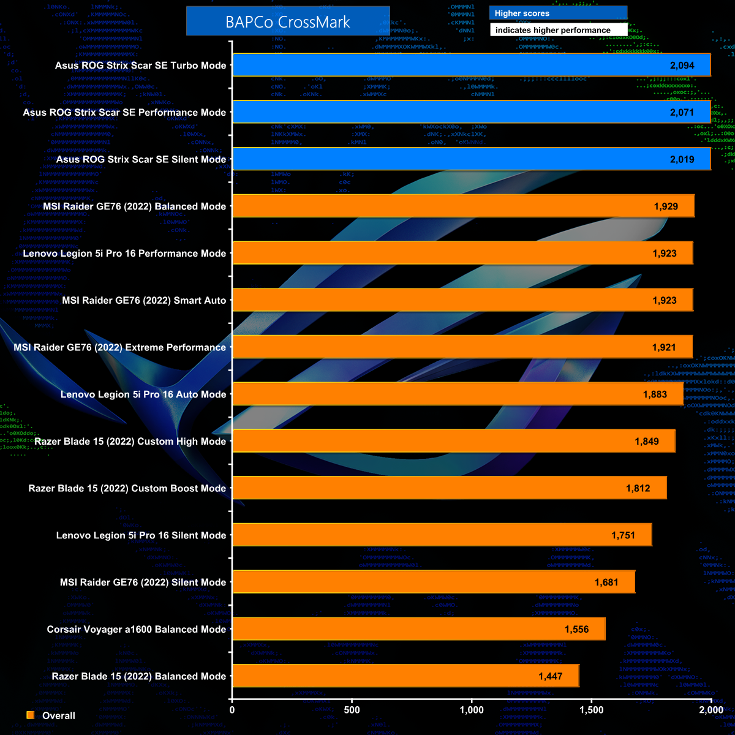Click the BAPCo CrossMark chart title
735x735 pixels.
pyautogui.click(x=288, y=22)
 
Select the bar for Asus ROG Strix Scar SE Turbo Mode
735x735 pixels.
pyautogui.click(x=471, y=65)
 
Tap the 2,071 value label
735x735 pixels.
pyautogui.click(x=682, y=112)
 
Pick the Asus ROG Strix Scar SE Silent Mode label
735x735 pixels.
pyautogui.click(x=141, y=159)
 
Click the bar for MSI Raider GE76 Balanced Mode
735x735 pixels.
pyautogui.click(x=463, y=206)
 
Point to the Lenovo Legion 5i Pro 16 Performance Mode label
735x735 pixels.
pyautogui.click(x=124, y=254)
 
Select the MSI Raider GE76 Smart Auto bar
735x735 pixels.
pyautogui.click(x=462, y=300)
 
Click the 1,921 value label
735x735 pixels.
pyautogui.click(x=664, y=347)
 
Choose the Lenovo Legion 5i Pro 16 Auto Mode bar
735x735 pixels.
pyautogui.click(x=458, y=394)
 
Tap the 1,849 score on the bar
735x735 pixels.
pyautogui.click(x=647, y=442)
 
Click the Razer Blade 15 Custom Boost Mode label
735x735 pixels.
pyautogui.click(x=127, y=489)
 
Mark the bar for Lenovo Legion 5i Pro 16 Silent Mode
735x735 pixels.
pyautogui.click(x=442, y=535)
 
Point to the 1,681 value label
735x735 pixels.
pyautogui.click(x=606, y=582)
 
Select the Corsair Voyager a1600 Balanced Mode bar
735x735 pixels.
pyautogui.click(x=419, y=629)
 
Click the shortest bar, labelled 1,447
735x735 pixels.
pyautogui.click(x=405, y=676)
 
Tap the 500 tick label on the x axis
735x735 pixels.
pyautogui.click(x=352, y=710)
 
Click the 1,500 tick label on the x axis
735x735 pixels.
pyautogui.click(x=592, y=710)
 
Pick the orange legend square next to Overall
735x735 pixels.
pyautogui.click(x=31, y=715)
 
